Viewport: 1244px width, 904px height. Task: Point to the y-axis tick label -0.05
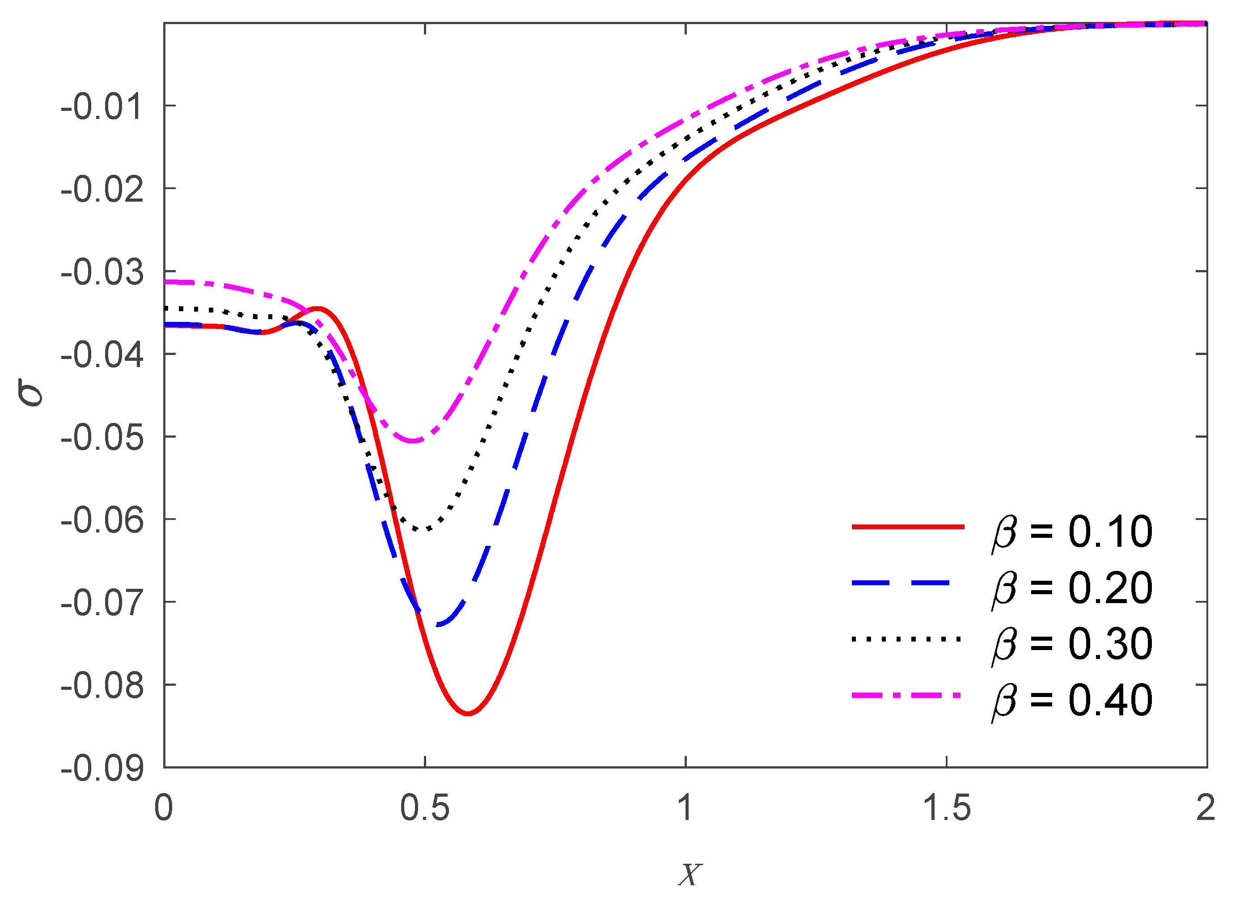pos(102,438)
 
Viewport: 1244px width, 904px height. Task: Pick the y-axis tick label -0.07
pos(102,604)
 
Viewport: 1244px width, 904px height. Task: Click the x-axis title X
pos(690,874)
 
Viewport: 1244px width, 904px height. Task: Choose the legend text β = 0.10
pos(1072,532)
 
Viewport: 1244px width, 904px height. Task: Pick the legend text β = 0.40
pos(1072,701)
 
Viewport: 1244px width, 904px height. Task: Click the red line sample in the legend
pos(908,527)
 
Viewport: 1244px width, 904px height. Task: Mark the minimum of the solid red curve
pos(468,714)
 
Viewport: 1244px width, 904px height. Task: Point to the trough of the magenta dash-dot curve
pos(414,441)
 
